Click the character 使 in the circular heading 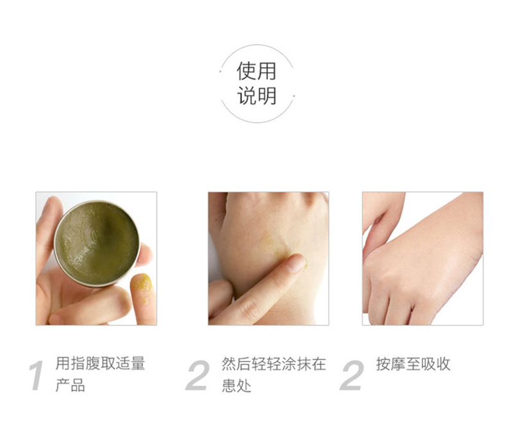[x=246, y=71]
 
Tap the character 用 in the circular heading [x=267, y=71]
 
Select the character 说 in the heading [x=246, y=96]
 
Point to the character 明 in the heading [x=267, y=96]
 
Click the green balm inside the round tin [x=97, y=243]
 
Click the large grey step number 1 [x=37, y=375]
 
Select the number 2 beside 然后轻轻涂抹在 [x=198, y=375]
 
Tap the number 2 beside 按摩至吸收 [x=351, y=375]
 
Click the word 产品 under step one [x=71, y=385]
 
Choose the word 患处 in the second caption [x=237, y=385]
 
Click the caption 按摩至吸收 [x=413, y=364]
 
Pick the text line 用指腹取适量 [x=100, y=364]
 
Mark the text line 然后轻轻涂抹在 [x=274, y=364]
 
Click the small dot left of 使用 [x=221, y=71]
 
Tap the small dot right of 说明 [x=294, y=96]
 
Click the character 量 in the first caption [x=137, y=364]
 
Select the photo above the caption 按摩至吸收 [x=423, y=259]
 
